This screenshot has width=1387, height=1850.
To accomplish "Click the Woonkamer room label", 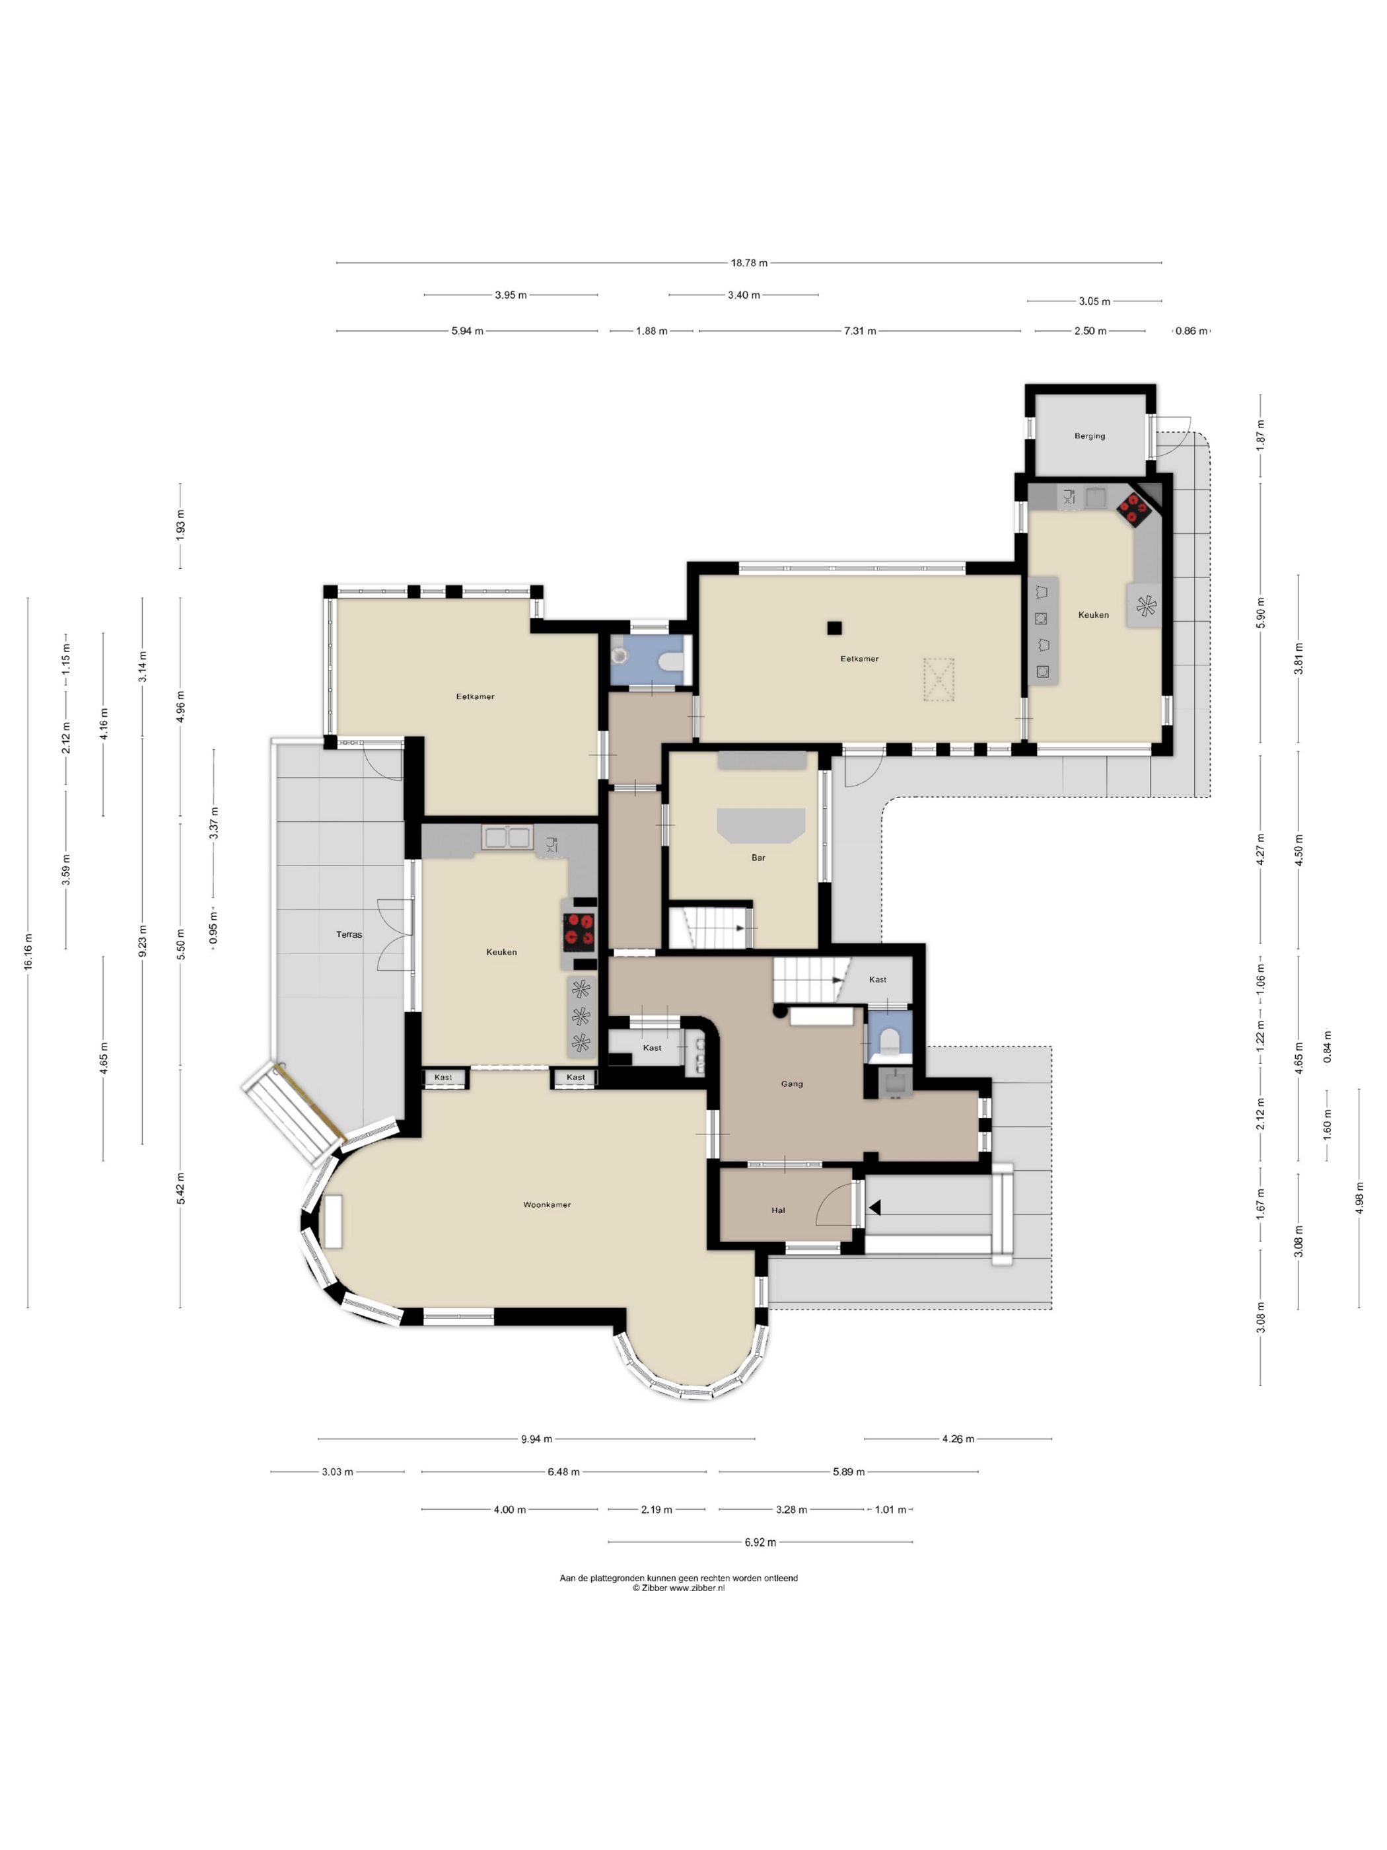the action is pyautogui.click(x=547, y=1205).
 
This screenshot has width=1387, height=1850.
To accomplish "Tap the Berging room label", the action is pyautogui.click(x=1089, y=435).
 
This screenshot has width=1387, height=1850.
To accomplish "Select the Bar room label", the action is pyautogui.click(x=758, y=857).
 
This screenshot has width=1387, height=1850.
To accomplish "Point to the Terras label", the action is pyautogui.click(x=349, y=934).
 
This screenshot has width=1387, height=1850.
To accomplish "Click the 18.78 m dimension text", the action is pyautogui.click(x=749, y=262).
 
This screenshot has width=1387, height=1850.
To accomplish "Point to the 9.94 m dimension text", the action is pyautogui.click(x=537, y=1439).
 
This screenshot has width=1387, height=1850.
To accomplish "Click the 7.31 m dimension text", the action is pyautogui.click(x=861, y=331).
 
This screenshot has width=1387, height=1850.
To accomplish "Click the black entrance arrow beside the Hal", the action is pyautogui.click(x=874, y=1208).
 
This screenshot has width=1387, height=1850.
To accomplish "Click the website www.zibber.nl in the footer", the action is pyautogui.click(x=697, y=1588).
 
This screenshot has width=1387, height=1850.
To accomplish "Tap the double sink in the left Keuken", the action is pyautogui.click(x=506, y=837).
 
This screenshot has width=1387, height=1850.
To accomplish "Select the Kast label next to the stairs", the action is pyautogui.click(x=878, y=979).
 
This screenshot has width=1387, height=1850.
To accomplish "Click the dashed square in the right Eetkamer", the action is pyautogui.click(x=938, y=679).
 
